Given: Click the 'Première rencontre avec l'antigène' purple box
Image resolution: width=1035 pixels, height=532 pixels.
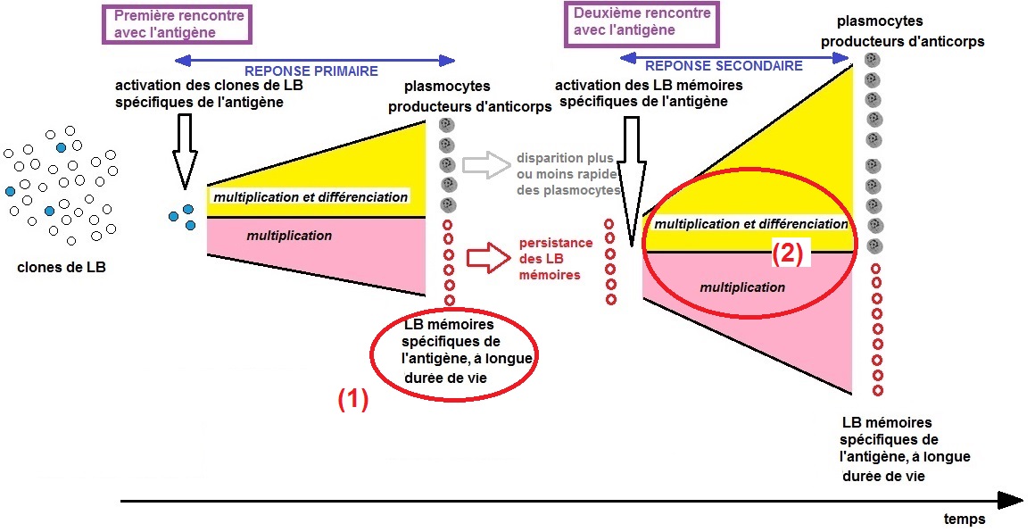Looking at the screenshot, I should pyautogui.click(x=176, y=25).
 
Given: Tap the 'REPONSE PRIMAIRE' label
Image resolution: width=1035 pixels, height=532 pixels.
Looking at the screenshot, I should pyautogui.click(x=311, y=71).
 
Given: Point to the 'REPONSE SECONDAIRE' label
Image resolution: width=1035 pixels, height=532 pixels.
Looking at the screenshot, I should pyautogui.click(x=724, y=66).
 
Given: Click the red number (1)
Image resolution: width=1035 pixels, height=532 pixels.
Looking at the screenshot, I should pyautogui.click(x=352, y=401).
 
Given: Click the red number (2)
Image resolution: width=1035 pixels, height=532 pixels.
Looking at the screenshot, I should pyautogui.click(x=787, y=254).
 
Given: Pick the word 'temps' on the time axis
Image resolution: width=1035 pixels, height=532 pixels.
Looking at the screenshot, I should pyautogui.click(x=965, y=519).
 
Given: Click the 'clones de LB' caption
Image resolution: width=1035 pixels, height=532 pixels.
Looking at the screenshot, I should pyautogui.click(x=62, y=264).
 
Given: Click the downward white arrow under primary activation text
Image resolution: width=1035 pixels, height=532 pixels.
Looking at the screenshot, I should pyautogui.click(x=185, y=152).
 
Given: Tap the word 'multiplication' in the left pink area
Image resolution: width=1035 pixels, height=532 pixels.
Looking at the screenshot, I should pyautogui.click(x=289, y=236).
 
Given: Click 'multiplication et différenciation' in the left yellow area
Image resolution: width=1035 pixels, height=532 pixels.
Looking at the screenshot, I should pyautogui.click(x=310, y=196).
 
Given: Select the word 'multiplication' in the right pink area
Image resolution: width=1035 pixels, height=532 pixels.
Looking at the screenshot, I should pyautogui.click(x=742, y=287).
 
